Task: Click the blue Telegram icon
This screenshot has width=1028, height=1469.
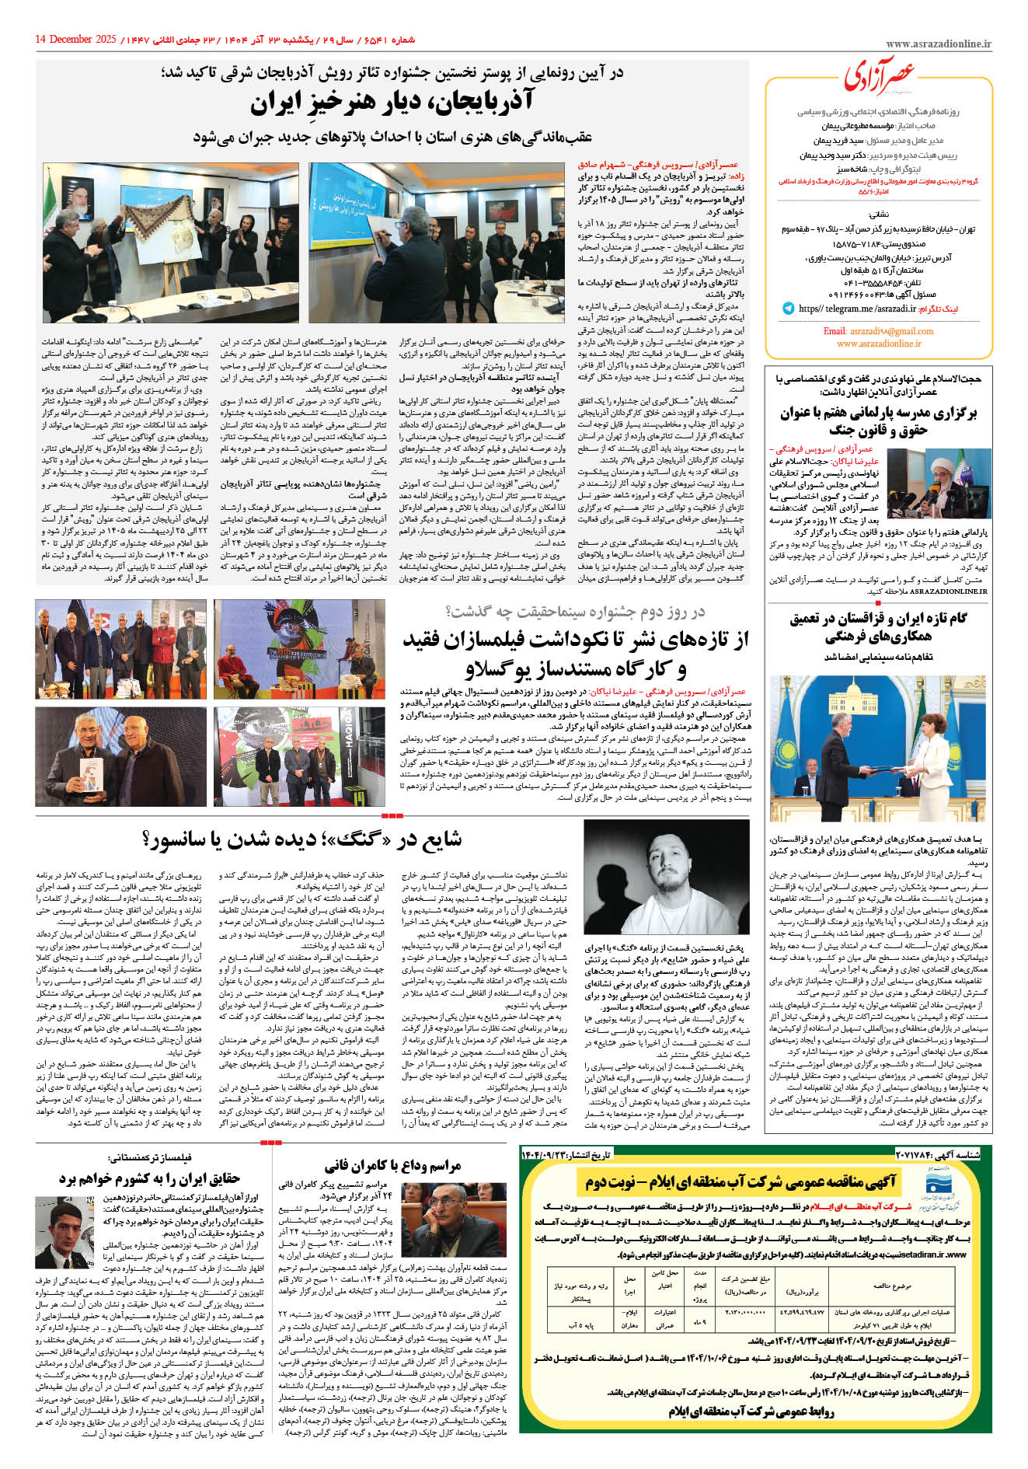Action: click(789, 309)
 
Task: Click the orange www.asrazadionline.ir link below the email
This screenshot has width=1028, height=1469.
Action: click(879, 344)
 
